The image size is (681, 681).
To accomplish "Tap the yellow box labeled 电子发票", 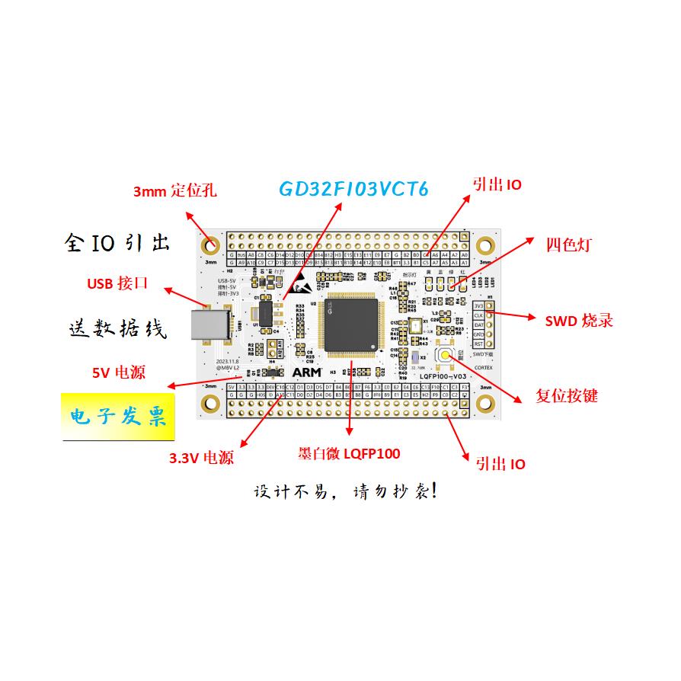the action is (117, 417).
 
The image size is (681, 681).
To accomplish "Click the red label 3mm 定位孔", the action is (174, 190).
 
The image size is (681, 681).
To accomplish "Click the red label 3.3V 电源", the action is (201, 458).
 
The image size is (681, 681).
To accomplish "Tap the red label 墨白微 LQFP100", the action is (349, 454).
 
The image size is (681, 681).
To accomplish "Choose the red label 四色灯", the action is (568, 245).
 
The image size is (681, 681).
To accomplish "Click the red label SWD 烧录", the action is (579, 321).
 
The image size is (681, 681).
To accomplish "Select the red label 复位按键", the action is (567, 396).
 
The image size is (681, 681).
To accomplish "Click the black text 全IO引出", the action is (117, 244).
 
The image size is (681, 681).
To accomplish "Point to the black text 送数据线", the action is (117, 329).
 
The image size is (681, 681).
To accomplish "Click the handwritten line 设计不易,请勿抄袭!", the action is (345, 491).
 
